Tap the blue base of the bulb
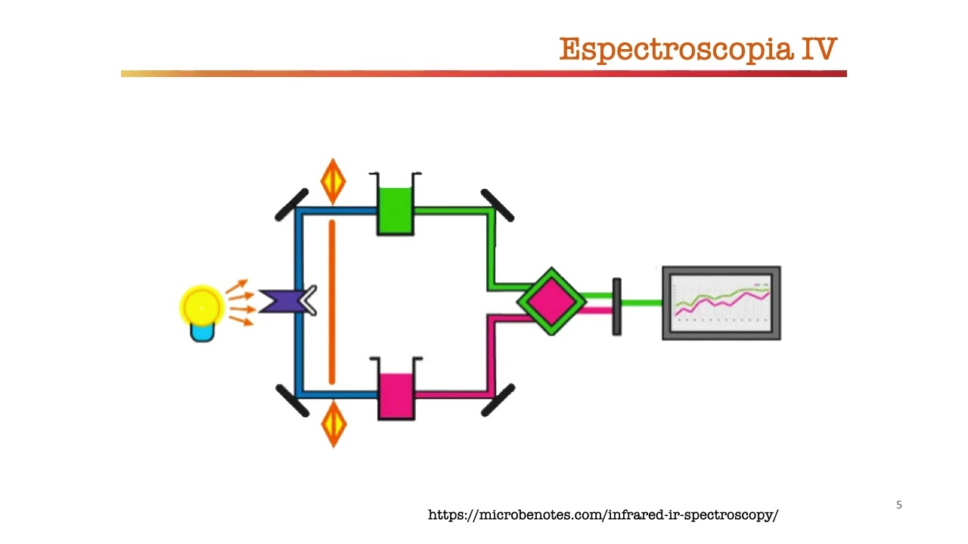(x=202, y=332)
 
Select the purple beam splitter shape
(x=281, y=301)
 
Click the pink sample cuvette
(x=396, y=394)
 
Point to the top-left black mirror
(x=291, y=205)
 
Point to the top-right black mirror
(x=498, y=206)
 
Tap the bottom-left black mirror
(x=292, y=400)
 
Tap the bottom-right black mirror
(x=498, y=400)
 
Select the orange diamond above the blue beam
(x=333, y=181)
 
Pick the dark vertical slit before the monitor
(x=616, y=306)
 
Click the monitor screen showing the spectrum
(x=721, y=302)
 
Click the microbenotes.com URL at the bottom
(x=603, y=515)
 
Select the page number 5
(x=899, y=505)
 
